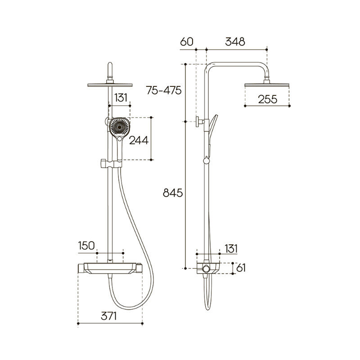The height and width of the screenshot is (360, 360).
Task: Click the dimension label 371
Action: tap(108, 316)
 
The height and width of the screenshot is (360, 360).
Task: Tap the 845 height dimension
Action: tap(173, 193)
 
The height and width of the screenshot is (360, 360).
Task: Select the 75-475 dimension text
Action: tap(164, 90)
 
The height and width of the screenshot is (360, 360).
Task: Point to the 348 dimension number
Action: tap(235, 42)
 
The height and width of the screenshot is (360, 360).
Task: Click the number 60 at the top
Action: tap(187, 42)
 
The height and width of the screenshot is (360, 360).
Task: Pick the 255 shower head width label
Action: tap(267, 99)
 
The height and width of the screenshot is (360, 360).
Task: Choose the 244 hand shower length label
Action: tap(139, 140)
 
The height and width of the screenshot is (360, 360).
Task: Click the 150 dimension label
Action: tap(86, 245)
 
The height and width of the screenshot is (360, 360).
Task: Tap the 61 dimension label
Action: tap(241, 268)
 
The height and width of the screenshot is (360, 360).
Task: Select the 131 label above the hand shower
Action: tap(121, 98)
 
